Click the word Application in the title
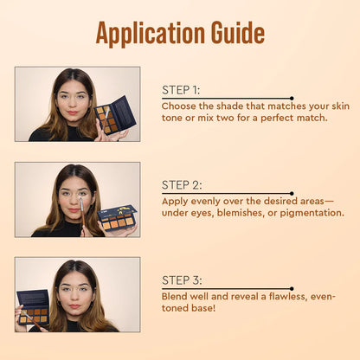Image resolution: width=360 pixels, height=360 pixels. coord(150,33)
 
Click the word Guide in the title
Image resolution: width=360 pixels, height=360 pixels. coord(237,32)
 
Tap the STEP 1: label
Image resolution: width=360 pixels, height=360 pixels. coord(181,90)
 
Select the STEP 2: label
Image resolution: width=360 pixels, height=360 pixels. coord(182,185)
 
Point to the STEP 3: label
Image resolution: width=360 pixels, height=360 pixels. coord(182,280)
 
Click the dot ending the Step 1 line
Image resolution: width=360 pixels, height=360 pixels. coord(292,99)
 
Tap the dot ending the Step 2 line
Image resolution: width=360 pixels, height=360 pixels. coord(292,194)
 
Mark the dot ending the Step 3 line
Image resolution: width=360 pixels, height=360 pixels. coord(292,289)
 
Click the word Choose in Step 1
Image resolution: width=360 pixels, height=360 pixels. coord(178,106)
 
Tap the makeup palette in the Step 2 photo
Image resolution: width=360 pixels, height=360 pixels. coord(118,218)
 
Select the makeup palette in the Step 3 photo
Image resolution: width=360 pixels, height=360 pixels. coord(33,306)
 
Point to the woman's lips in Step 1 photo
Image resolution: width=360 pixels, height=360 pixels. coord(73,112)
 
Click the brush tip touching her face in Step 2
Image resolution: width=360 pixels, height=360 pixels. coord(80,202)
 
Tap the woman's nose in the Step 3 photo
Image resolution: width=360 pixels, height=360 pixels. coord(74,297)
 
